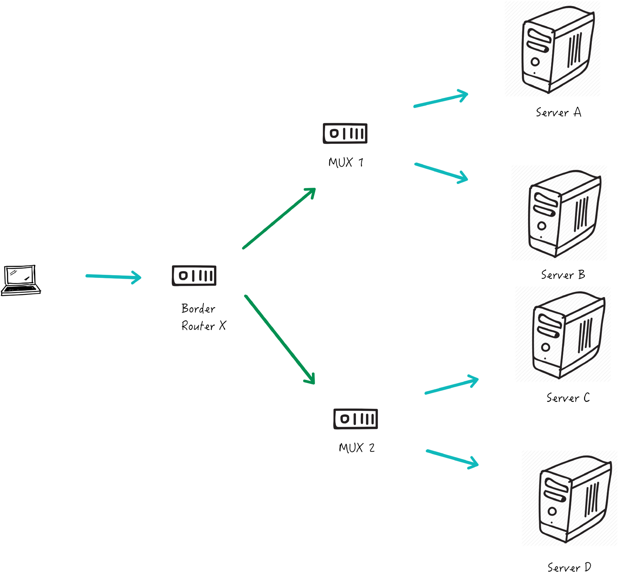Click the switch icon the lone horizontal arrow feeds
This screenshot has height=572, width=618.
click(x=194, y=276)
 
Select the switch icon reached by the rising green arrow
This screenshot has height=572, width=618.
click(x=345, y=133)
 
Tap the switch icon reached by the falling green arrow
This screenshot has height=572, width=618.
click(x=355, y=419)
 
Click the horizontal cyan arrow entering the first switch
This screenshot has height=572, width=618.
click(x=112, y=276)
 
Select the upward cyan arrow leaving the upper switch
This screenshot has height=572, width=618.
click(x=440, y=100)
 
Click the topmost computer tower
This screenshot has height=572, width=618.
click(x=553, y=49)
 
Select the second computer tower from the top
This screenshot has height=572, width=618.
click(x=559, y=213)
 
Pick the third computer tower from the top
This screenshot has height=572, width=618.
click(x=563, y=334)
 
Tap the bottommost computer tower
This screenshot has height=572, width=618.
click(x=569, y=498)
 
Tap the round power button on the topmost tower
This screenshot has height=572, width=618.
click(x=535, y=62)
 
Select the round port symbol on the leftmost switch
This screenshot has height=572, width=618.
click(x=183, y=275)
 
